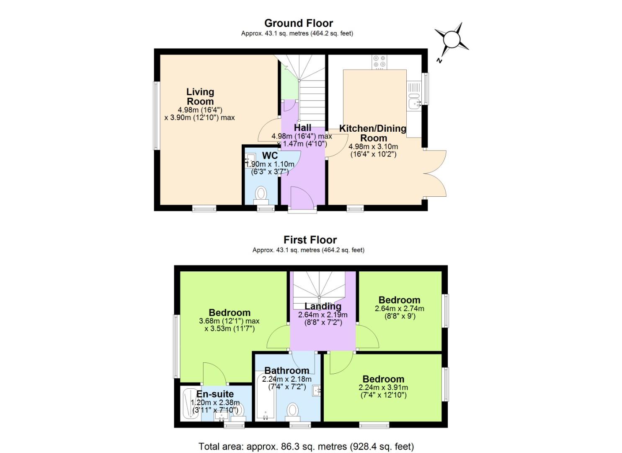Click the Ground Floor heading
point(298,23)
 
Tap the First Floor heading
point(310,240)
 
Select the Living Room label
point(200,96)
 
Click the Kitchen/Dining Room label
point(373,133)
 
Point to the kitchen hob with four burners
point(380,62)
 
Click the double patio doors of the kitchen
point(436,173)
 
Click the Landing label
point(323,306)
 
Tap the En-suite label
point(215,394)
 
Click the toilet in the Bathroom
point(293,410)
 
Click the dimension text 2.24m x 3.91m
point(383,388)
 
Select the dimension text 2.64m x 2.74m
point(399,309)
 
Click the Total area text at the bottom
point(306,446)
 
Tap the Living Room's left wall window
point(156,115)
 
